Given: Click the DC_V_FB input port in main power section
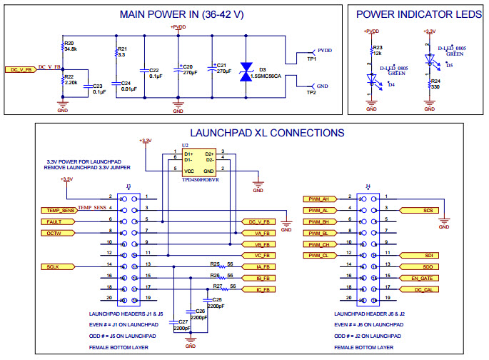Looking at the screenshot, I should click(x=21, y=70).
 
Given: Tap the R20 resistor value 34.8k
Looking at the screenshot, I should click(x=71, y=49).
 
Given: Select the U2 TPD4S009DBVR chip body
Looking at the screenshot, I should click(x=199, y=162).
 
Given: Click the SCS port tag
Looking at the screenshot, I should click(x=414, y=210).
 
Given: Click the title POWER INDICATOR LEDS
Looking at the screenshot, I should click(x=417, y=14).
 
